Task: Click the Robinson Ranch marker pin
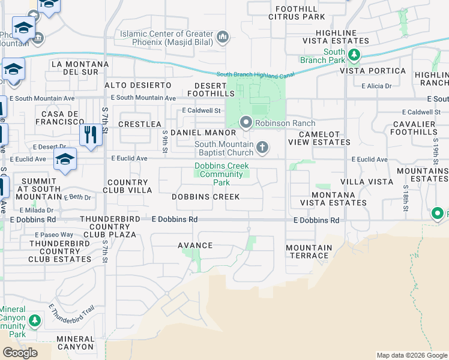tap(246, 122)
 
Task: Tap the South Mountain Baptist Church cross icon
tap(262, 147)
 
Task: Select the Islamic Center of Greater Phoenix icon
tap(223, 38)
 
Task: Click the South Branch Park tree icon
tap(354, 56)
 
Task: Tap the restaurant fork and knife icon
tap(91, 134)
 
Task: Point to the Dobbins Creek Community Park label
tap(221, 174)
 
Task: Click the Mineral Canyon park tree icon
tap(35, 321)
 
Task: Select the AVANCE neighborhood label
tap(195, 245)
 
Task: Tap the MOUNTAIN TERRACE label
tap(309, 251)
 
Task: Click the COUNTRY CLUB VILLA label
tap(127, 186)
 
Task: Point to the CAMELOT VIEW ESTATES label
tap(319, 138)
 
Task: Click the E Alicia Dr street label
tap(376, 86)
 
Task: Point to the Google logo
tap(20, 353)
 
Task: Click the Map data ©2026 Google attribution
tap(412, 355)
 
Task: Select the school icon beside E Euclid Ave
tap(65, 160)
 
